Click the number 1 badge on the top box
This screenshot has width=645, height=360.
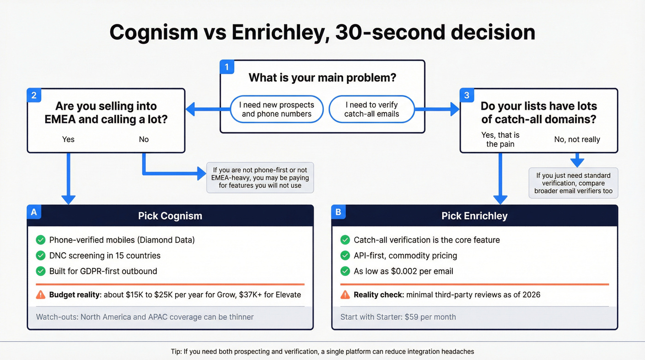226,67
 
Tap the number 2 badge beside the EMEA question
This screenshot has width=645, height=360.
34,95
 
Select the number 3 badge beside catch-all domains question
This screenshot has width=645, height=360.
467,95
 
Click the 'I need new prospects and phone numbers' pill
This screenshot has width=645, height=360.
276,109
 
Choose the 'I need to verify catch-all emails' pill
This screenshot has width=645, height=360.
371,109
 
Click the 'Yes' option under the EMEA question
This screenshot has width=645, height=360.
68,139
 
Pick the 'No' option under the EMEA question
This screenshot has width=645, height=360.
144,139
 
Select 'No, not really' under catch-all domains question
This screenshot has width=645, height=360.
577,139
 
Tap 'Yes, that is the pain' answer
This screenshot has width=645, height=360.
500,139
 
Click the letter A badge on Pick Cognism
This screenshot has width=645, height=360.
34,212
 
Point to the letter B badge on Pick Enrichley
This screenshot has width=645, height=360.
338,212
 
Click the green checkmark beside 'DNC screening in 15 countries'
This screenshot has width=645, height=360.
41,255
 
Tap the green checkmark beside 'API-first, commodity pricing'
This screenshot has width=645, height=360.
345,255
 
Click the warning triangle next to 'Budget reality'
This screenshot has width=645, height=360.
41,295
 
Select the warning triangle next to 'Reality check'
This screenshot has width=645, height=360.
345,295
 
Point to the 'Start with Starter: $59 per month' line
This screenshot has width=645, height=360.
398,317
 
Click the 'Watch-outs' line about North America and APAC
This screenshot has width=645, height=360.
145,317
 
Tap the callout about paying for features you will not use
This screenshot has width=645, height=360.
260,177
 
